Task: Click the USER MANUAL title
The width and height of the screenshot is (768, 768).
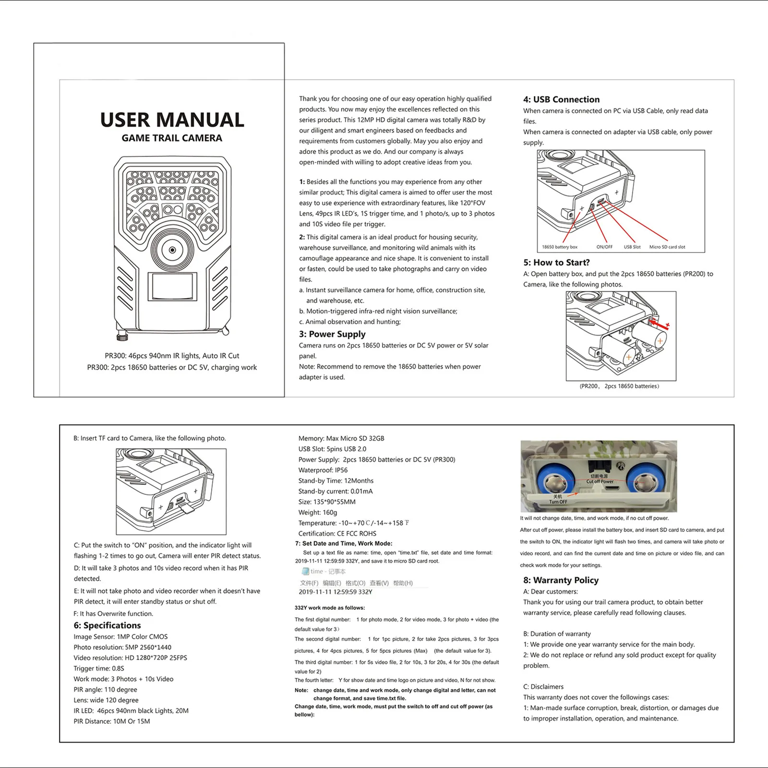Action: pyautogui.click(x=172, y=120)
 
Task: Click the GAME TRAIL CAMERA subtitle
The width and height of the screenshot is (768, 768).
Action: pyautogui.click(x=172, y=138)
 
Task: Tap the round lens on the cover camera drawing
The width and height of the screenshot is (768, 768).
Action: pyautogui.click(x=172, y=250)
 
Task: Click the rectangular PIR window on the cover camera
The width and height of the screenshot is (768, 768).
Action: pyautogui.click(x=172, y=287)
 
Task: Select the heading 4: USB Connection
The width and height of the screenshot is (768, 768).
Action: pyautogui.click(x=561, y=100)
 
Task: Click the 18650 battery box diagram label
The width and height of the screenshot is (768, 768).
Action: pyautogui.click(x=560, y=247)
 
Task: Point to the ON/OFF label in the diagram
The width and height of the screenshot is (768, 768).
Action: pyautogui.click(x=604, y=247)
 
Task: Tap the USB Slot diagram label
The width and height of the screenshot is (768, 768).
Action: pyautogui.click(x=632, y=247)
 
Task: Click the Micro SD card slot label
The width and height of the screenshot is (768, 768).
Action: pyautogui.click(x=667, y=247)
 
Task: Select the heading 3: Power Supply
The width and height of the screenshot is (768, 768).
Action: pyautogui.click(x=332, y=334)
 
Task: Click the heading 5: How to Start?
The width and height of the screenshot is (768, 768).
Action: pyautogui.click(x=556, y=263)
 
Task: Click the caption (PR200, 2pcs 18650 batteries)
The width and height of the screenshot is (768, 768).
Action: pyautogui.click(x=619, y=386)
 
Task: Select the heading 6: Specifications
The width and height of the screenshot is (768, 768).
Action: pyautogui.click(x=107, y=625)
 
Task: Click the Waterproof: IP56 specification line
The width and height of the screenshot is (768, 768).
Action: pyautogui.click(x=323, y=470)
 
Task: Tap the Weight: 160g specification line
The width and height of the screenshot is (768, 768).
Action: pyautogui.click(x=318, y=513)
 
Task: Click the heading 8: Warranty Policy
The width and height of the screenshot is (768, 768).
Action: pyautogui.click(x=561, y=580)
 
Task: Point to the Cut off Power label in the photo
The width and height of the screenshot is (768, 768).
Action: pyautogui.click(x=600, y=481)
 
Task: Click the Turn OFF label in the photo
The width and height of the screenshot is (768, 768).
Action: pyautogui.click(x=558, y=502)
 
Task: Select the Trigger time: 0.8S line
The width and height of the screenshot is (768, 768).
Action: pyautogui.click(x=99, y=669)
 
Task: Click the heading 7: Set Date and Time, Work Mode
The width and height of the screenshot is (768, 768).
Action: pyautogui.click(x=343, y=543)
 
